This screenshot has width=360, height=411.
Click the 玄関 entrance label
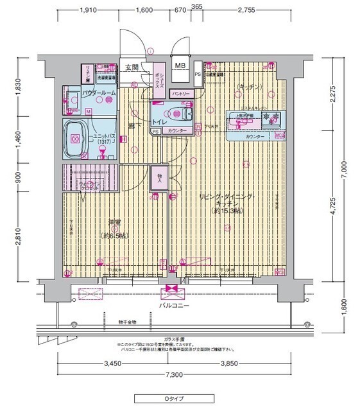(132, 67)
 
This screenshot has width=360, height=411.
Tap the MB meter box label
(181, 66)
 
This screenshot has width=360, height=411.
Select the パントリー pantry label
(179, 94)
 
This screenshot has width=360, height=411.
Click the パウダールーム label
(99, 94)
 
